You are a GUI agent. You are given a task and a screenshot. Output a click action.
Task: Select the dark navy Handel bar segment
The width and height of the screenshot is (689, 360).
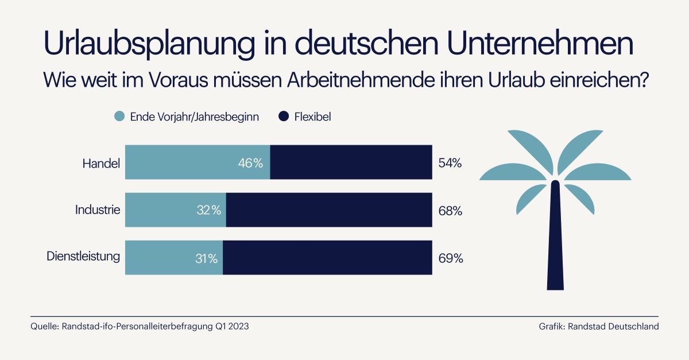pos(351,162)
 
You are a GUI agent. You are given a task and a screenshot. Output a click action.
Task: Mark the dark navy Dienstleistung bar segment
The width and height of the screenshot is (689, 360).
pos(327,258)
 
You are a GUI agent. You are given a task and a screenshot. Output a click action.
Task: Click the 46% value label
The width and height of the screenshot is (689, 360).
pos(250,163)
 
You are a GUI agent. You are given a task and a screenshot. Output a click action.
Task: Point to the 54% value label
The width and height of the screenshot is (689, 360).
pos(450,163)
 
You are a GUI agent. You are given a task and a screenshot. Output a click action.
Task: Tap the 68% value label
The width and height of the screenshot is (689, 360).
pos(450,211)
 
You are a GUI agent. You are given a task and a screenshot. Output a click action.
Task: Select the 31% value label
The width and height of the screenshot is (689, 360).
pos(205,258)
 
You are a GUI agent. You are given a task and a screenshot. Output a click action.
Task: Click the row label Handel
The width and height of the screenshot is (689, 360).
pos(101,163)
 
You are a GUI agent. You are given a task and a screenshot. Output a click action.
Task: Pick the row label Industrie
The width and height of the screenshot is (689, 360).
pos(98,210)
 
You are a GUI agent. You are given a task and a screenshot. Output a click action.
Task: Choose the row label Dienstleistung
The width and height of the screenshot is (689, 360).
pos(83,257)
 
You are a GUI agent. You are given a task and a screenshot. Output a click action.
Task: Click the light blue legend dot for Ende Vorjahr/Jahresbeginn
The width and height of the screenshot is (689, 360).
pos(119,117)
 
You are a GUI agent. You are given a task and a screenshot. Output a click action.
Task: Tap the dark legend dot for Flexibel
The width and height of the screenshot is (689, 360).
pos(283,117)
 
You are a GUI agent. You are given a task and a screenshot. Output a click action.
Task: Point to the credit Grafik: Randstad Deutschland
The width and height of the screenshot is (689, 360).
pos(598,327)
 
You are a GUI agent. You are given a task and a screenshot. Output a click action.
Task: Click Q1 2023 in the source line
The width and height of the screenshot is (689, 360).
pos(232,327)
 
